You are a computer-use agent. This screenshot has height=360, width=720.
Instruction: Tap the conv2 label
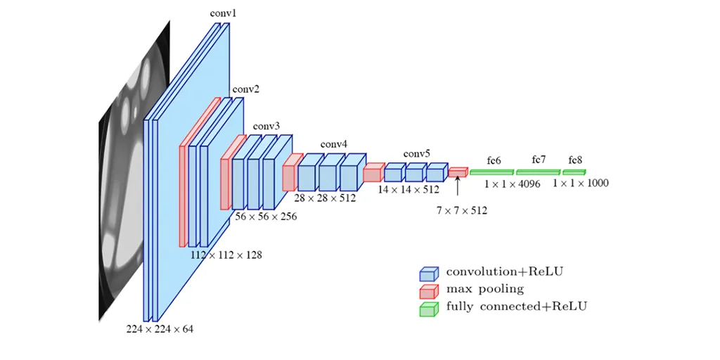pos(246,89)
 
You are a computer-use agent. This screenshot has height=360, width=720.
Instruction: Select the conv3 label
pos(266,127)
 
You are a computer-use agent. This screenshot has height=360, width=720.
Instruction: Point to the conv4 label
pos(334,144)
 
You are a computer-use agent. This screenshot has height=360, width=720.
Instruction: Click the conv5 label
pos(417,153)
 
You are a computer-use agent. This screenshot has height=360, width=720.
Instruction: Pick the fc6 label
pos(494,161)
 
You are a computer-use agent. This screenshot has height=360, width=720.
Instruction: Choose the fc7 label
pos(539,160)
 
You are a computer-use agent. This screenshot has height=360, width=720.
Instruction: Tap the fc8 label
pos(575,160)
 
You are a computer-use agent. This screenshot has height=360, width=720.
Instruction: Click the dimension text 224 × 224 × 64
pos(160,328)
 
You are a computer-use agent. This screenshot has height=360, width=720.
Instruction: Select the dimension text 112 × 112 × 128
pos(226,255)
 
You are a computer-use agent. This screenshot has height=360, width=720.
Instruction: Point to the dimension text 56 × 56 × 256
pos(266,217)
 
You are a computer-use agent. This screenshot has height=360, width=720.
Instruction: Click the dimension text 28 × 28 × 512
pos(325,199)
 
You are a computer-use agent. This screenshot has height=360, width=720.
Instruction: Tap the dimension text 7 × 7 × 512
pos(461,210)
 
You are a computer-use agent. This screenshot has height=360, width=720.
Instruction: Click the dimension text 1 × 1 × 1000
pos(580,184)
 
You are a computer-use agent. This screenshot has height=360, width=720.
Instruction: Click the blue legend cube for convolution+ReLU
pos(429,273)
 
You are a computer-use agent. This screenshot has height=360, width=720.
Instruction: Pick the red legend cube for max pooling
pos(429,290)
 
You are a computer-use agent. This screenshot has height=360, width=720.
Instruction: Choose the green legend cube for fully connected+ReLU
pos(429,308)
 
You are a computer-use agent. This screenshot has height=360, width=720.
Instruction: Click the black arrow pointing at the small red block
pos(458,186)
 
